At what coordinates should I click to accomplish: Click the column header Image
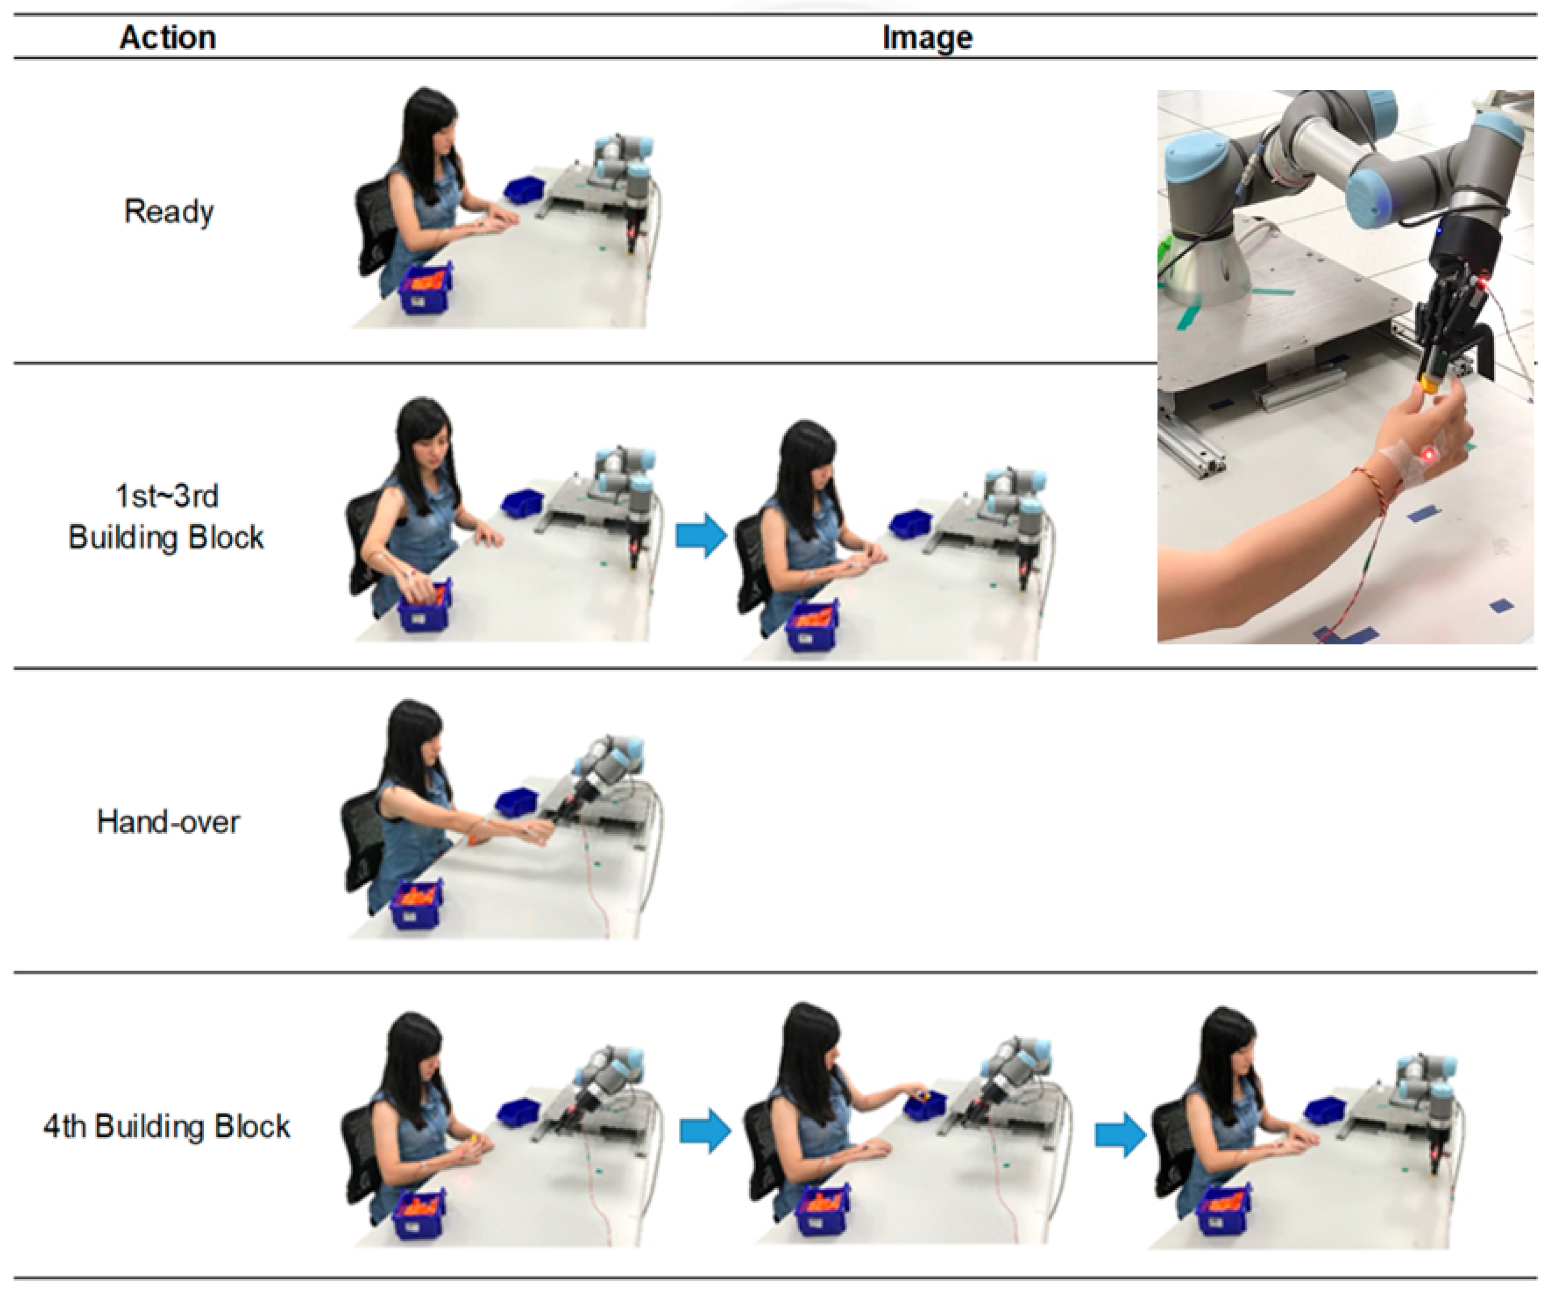pos(927,38)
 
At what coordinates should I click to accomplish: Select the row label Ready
pos(169,212)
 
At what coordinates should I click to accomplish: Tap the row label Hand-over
pos(168,821)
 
